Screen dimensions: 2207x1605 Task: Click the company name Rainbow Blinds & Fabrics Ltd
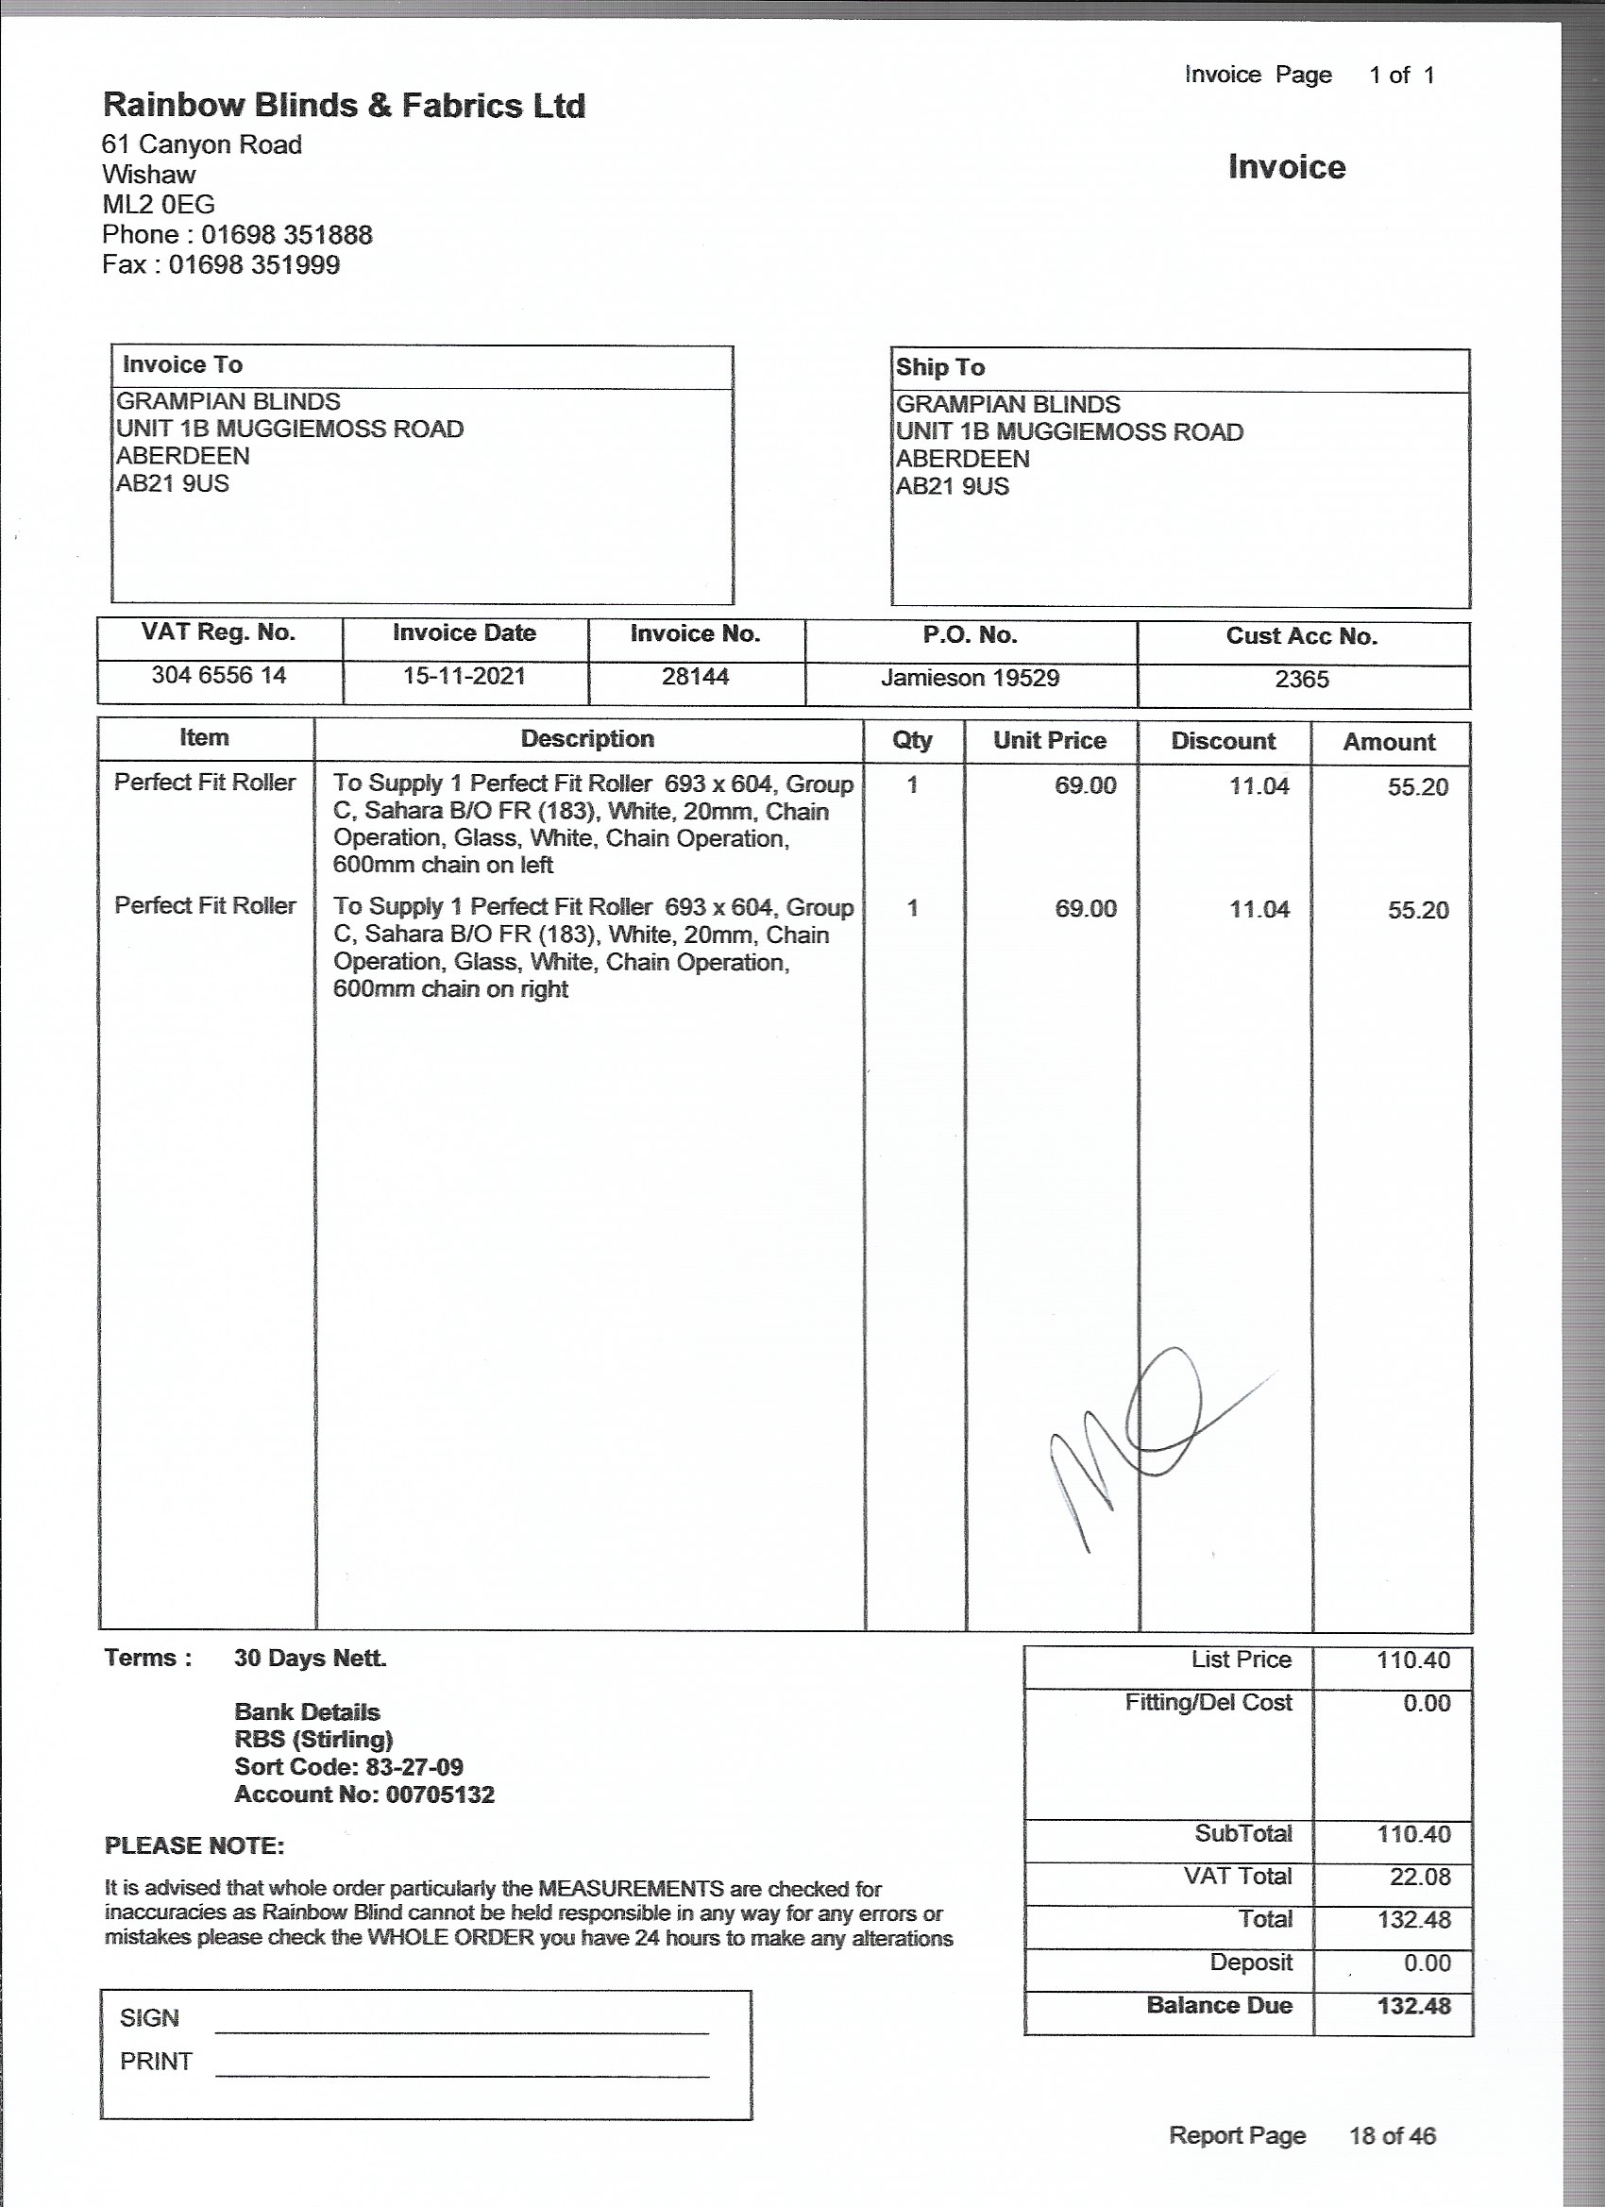[x=344, y=105]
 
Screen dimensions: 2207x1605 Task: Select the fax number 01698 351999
[x=254, y=264]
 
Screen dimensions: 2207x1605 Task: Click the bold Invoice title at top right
[x=1286, y=166]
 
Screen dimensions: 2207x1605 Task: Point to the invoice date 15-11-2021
[x=465, y=675]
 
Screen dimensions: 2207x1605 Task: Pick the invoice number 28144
[x=695, y=676]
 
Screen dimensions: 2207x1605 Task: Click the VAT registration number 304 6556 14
[x=219, y=674]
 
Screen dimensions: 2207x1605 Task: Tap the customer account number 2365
[x=1301, y=680]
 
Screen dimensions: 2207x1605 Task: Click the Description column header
[x=587, y=738]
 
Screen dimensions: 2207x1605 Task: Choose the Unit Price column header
[x=1049, y=740]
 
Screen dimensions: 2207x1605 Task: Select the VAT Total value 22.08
[x=1419, y=1877]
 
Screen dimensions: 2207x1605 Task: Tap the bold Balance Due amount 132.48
[x=1413, y=2006]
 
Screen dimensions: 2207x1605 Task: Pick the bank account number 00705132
[x=440, y=1794]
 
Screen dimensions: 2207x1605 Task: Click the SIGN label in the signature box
[x=149, y=2017]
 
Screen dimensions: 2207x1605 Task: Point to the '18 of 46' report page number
[x=1392, y=2135]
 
